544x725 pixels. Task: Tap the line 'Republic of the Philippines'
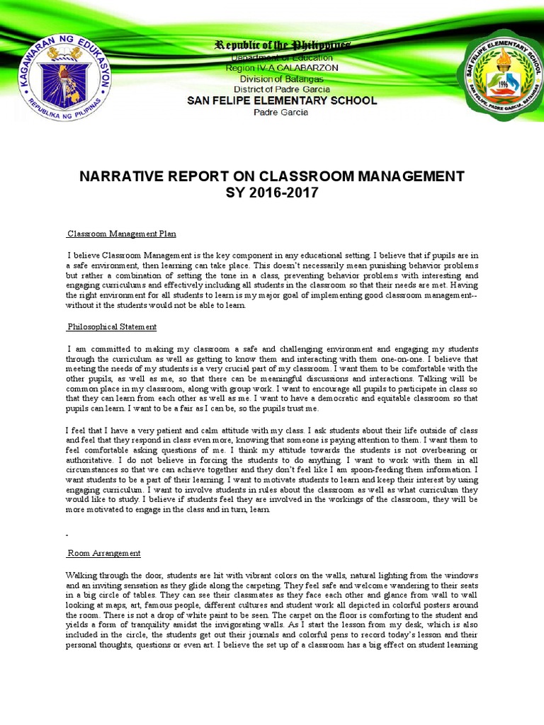coord(282,45)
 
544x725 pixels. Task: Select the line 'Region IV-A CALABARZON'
coord(282,68)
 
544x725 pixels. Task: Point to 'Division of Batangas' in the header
coord(282,79)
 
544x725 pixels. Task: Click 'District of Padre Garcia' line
coord(282,89)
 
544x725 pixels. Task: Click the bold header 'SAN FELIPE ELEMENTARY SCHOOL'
coord(282,101)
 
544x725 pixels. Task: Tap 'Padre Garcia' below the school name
coord(282,113)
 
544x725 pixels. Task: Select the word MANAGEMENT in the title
coord(406,176)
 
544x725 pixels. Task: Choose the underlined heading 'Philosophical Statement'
coord(112,327)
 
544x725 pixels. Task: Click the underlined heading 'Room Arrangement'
coord(104,553)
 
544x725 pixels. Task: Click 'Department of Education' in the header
coord(282,57)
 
